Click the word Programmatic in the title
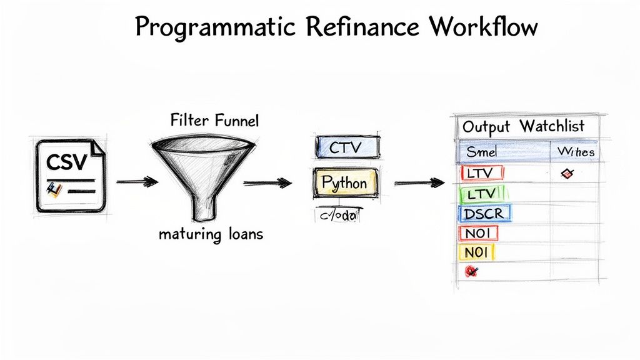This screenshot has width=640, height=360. coord(206,29)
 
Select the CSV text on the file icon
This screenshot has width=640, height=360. coord(66,163)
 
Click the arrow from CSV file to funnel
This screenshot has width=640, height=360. coord(137,182)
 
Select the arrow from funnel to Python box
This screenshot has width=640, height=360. coord(267,182)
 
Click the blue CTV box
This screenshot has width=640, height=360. coord(347,147)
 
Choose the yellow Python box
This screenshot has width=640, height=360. coord(346,183)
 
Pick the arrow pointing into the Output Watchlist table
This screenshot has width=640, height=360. coord(419,182)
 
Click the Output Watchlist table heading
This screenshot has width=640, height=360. coord(523,126)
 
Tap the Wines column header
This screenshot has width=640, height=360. coord(576,151)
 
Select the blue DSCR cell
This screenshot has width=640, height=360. coord(484,214)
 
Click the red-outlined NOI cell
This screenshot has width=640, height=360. coord(478,234)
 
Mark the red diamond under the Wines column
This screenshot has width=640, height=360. coord(568,173)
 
